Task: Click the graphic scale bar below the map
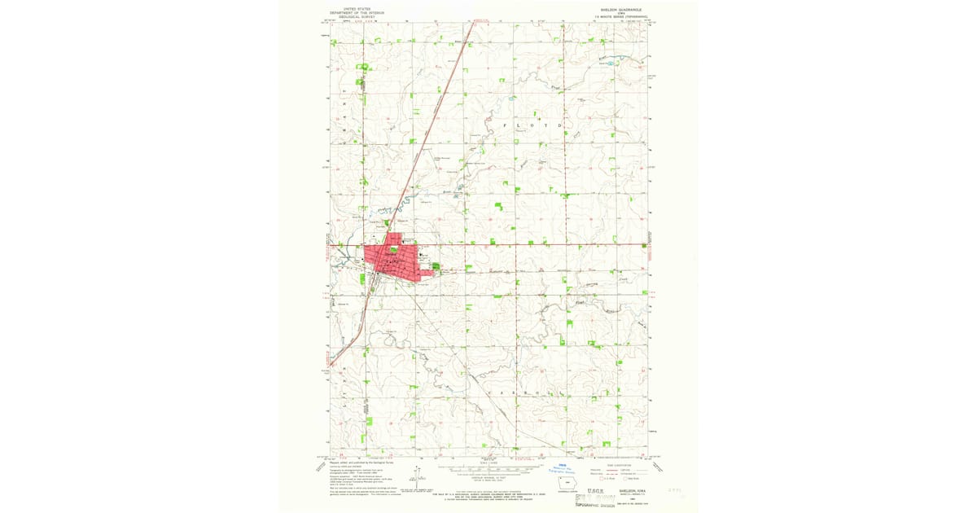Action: tap(488, 470)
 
